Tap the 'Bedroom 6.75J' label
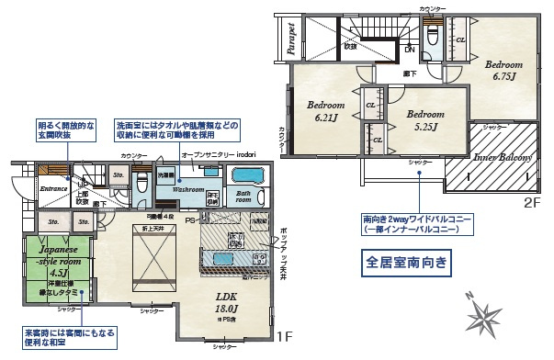503,70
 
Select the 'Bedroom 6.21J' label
325,112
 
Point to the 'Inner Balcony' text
503,157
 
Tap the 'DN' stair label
409,50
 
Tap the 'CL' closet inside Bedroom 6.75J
460,39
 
